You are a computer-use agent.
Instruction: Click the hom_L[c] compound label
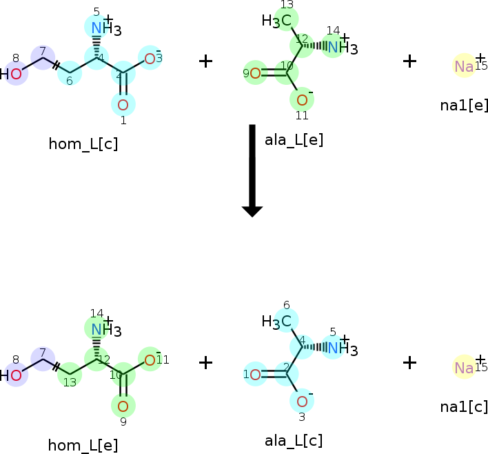(x=83, y=144)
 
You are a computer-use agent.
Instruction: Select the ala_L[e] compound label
(x=294, y=140)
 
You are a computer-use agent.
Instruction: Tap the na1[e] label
(x=464, y=106)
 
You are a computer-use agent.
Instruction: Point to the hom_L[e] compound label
(x=83, y=446)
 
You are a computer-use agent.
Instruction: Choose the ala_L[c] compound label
(x=294, y=441)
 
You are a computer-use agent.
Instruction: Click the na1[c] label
(x=464, y=407)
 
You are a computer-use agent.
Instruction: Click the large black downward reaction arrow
(x=252, y=170)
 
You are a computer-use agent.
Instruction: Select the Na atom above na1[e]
(x=464, y=66)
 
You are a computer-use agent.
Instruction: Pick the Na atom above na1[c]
(x=464, y=368)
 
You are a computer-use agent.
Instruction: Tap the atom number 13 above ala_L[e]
(x=287, y=5)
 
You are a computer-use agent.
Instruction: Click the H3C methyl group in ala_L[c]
(x=276, y=322)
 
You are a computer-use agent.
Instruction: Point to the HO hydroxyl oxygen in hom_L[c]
(x=16, y=74)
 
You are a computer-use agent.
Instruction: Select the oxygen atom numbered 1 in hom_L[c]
(x=123, y=105)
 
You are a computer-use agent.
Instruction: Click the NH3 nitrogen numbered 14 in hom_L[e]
(x=96, y=329)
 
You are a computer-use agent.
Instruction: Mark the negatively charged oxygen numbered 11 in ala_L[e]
(x=302, y=100)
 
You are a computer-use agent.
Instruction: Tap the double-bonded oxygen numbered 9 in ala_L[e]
(x=255, y=73)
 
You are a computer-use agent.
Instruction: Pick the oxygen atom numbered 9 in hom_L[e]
(x=123, y=406)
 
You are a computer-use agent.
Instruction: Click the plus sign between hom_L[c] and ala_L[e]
(x=205, y=61)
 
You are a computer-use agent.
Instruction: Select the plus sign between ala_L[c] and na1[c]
(x=409, y=363)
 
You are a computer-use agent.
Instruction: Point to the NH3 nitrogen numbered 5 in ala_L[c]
(x=333, y=348)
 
